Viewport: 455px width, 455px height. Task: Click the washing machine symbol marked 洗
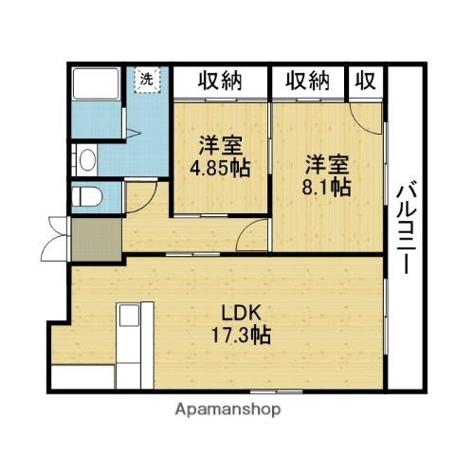click(147, 80)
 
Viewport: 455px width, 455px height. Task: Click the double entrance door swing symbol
click(54, 237)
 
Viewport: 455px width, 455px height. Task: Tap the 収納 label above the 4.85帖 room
click(220, 82)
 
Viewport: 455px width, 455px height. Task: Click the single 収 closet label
click(364, 82)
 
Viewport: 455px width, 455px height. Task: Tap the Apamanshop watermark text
click(227, 410)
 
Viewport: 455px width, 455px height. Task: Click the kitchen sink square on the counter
click(129, 315)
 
